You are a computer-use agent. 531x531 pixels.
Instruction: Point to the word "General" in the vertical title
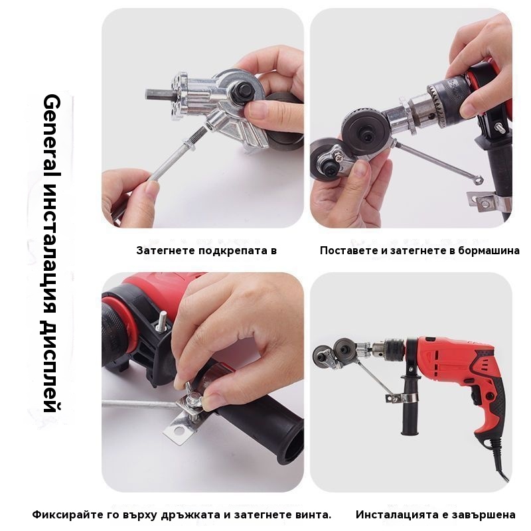(x=52, y=135)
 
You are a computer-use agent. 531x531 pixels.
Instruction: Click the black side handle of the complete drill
(x=410, y=406)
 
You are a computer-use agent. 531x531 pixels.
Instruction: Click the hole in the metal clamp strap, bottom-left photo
(x=179, y=430)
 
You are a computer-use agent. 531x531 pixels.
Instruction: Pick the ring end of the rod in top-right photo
(x=477, y=180)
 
